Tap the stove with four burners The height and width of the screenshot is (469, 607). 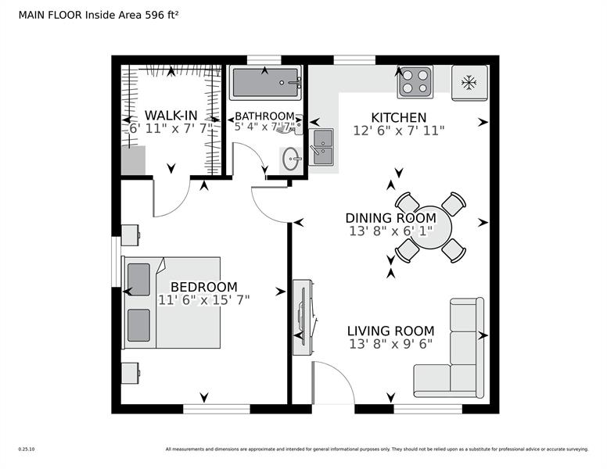click(415, 81)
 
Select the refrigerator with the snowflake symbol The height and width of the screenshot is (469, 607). click(469, 81)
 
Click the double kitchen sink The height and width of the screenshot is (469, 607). click(322, 145)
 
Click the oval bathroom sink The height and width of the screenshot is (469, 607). click(291, 161)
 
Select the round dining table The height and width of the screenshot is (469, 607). click(430, 227)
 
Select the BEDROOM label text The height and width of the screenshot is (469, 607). click(203, 287)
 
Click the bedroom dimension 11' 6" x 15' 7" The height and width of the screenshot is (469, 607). click(203, 300)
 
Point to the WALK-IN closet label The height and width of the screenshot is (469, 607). click(171, 116)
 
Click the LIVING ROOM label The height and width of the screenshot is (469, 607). click(390, 331)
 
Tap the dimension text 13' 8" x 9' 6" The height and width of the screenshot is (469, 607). click(390, 344)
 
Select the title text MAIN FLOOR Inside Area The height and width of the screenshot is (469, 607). click(74, 13)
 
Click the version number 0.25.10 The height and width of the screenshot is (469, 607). click(27, 449)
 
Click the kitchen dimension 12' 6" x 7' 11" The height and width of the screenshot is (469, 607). click(399, 131)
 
